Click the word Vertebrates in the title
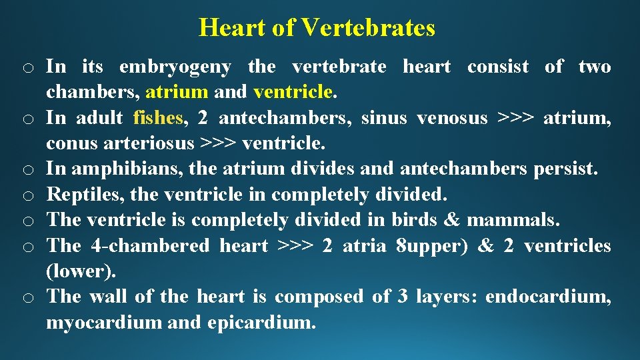pos(368,28)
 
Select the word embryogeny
pos(175,67)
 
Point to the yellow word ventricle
pos(293,91)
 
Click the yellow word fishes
pos(157,119)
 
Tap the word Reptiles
pos(84,195)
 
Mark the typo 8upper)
pos(428,245)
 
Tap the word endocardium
pos(547,297)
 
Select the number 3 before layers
pos(403,297)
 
